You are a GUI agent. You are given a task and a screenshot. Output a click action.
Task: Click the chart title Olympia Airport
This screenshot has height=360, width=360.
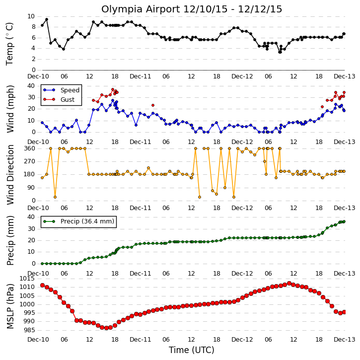[x=141, y=9]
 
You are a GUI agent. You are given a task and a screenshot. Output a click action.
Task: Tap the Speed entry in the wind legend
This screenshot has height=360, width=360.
[x=70, y=90]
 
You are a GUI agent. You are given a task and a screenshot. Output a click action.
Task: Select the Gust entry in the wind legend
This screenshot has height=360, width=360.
[x=68, y=100]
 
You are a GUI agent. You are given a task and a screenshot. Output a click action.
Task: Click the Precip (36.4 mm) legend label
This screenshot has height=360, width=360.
[x=87, y=221]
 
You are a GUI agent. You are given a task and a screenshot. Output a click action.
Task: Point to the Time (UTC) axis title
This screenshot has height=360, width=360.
[x=192, y=350]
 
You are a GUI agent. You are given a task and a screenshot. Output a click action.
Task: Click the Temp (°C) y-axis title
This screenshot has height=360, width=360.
[x=9, y=44]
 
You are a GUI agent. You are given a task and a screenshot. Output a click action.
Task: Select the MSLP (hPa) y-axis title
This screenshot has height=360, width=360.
[x=10, y=306]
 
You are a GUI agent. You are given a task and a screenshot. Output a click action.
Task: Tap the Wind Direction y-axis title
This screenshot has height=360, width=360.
[x=10, y=175]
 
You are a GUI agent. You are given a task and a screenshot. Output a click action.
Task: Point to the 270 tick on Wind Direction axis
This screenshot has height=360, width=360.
[x=30, y=161]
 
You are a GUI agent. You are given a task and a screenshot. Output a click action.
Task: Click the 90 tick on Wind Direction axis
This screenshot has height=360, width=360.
[x=32, y=188]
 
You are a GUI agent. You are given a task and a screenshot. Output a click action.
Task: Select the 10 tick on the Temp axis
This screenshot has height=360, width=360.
[x=31, y=16]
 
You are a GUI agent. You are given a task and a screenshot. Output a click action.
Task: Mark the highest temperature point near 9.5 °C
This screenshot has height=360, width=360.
[x=47, y=19]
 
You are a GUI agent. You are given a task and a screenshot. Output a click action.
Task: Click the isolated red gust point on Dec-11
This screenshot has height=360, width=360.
[x=153, y=105]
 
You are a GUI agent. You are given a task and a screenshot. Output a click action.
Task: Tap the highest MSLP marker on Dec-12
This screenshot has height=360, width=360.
[x=289, y=284]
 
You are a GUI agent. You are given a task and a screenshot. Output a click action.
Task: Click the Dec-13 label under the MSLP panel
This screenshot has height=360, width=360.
[x=345, y=339]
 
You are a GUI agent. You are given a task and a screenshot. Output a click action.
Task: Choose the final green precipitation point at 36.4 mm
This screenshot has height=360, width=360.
[x=344, y=221]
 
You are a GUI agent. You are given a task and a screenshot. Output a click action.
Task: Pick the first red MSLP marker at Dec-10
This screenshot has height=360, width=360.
[x=43, y=285]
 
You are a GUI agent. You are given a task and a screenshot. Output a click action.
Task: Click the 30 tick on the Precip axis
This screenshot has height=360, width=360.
[x=31, y=229]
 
